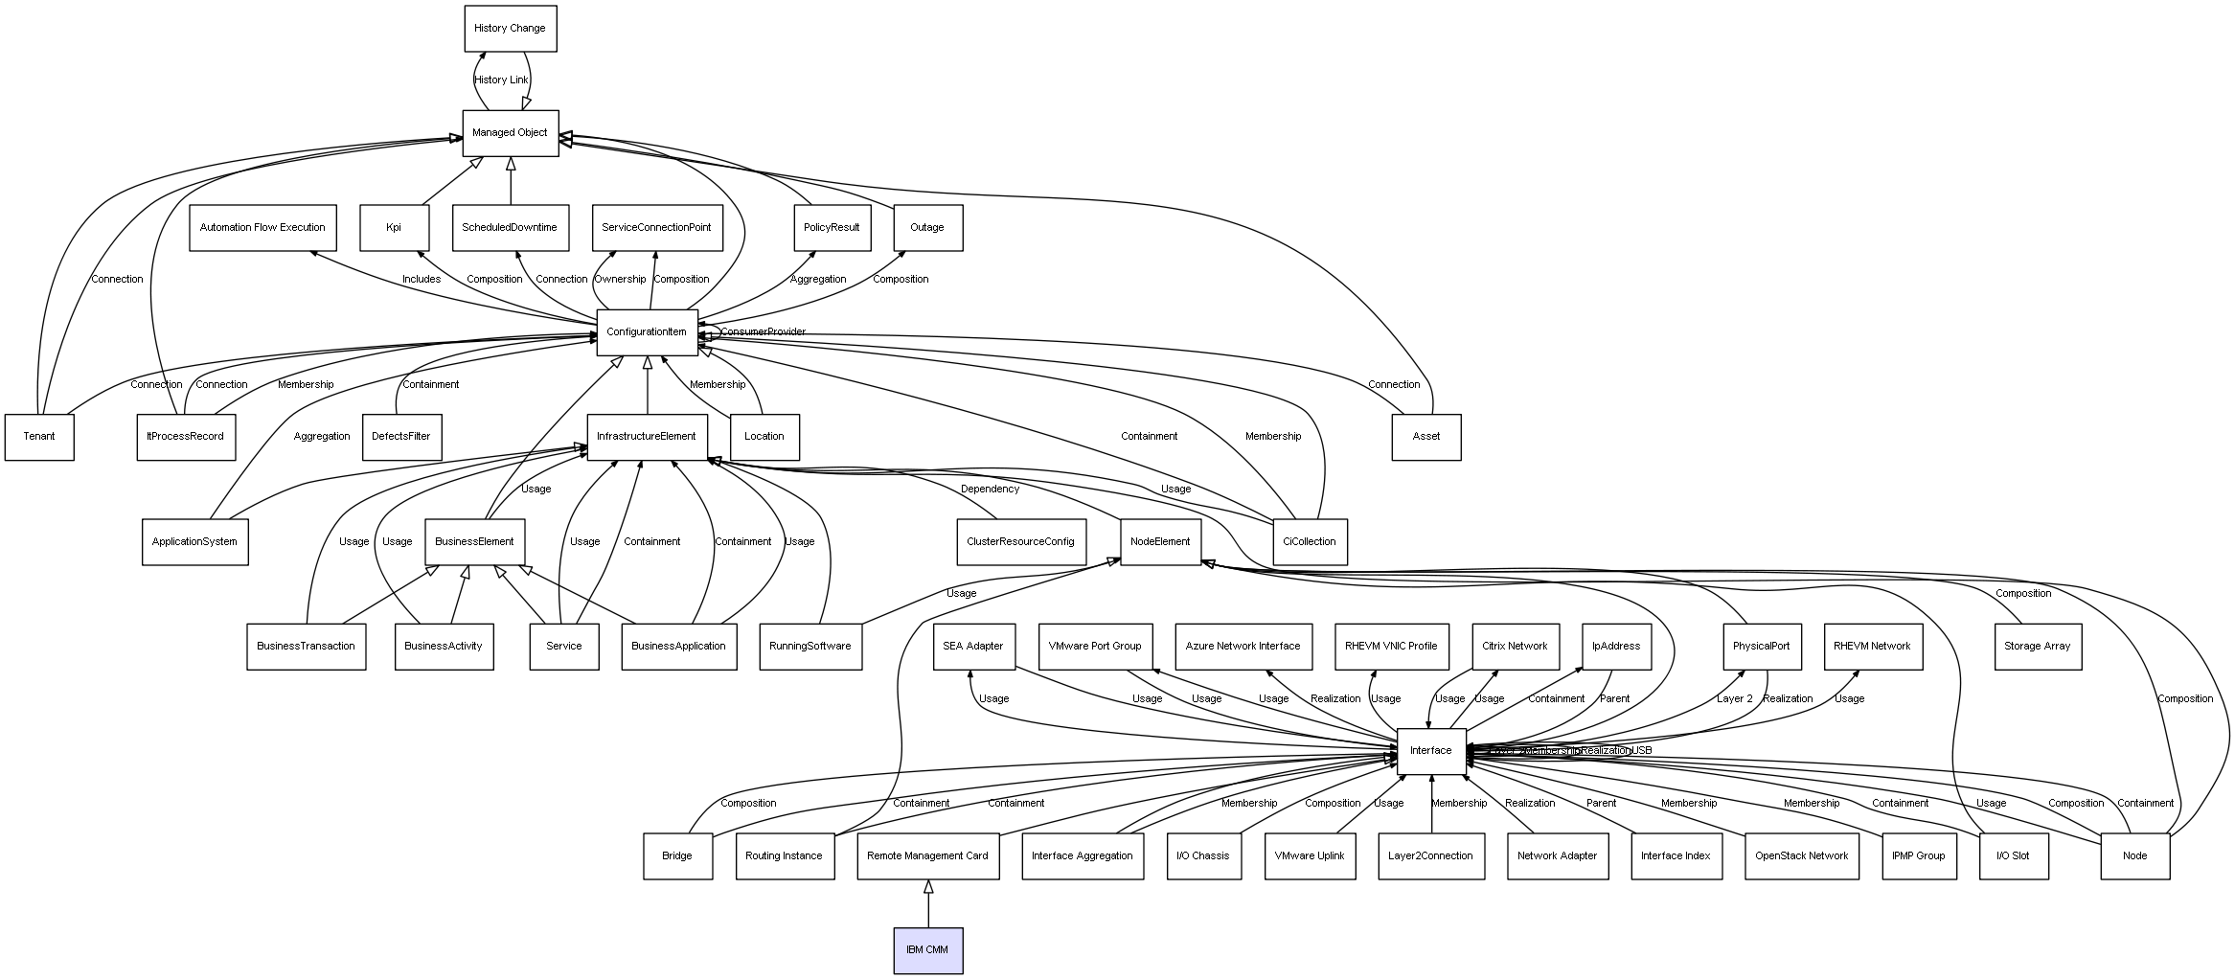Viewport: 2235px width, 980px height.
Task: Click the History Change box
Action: tap(510, 29)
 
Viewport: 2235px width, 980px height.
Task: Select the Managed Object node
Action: tap(510, 133)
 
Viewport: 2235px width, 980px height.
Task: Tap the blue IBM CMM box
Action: tap(927, 950)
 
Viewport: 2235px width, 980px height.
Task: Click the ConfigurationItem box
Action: tap(647, 332)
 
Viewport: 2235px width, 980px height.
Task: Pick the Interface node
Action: tap(1430, 751)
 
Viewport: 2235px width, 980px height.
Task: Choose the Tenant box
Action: tap(39, 437)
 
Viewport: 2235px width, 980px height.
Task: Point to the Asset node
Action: tap(1425, 437)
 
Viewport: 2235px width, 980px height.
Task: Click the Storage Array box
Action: tap(2038, 647)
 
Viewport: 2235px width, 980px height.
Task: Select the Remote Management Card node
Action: tap(927, 855)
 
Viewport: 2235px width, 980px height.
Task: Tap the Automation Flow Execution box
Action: tap(262, 228)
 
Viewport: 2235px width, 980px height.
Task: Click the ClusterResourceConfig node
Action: tap(1020, 542)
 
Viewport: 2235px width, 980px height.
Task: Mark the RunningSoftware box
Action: tap(810, 647)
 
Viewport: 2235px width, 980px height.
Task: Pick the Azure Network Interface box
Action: tap(1243, 647)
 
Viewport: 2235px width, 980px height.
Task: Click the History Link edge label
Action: tap(501, 80)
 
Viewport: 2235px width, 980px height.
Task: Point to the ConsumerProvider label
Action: tap(763, 332)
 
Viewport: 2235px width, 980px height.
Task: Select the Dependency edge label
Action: tap(990, 490)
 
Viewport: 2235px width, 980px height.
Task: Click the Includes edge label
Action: tap(422, 280)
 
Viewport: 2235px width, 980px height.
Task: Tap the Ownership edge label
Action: tap(620, 280)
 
